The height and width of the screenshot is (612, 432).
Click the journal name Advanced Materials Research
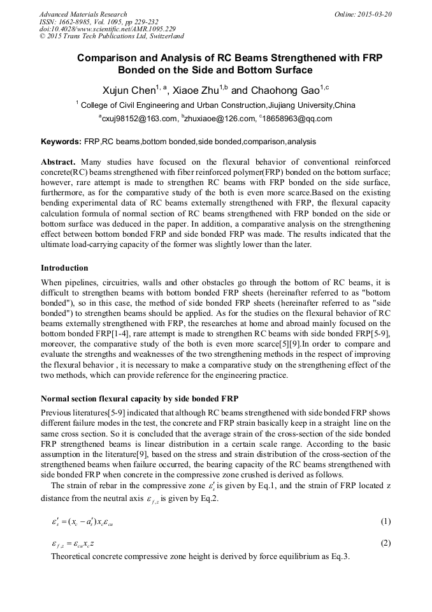[x=83, y=14]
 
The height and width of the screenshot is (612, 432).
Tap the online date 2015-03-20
[x=373, y=14]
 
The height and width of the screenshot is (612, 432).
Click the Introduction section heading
[x=64, y=267]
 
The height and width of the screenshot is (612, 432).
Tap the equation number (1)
[x=385, y=521]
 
